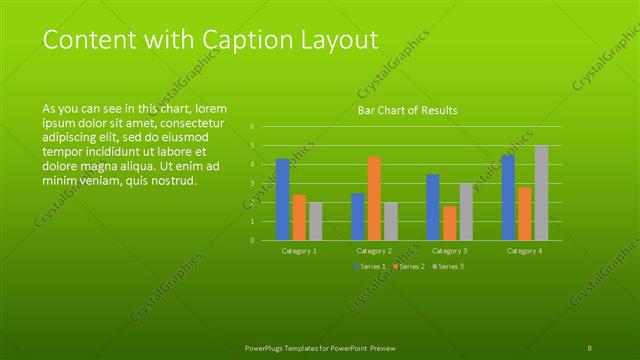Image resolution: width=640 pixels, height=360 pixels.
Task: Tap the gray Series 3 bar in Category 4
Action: point(541,193)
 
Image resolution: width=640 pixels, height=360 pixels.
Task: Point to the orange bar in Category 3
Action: point(449,222)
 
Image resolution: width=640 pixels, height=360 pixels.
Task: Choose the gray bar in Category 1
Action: point(315,221)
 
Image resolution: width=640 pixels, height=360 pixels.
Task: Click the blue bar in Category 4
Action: point(508,197)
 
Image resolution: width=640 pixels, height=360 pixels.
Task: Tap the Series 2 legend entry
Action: point(408,266)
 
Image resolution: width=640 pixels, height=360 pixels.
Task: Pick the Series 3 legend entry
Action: point(447,266)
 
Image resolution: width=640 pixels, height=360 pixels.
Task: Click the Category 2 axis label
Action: point(374,250)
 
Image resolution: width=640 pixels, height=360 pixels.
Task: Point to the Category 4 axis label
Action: point(524,250)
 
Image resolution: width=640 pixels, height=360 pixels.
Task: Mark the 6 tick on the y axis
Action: point(253,127)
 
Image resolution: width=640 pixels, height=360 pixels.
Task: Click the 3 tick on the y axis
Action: point(253,184)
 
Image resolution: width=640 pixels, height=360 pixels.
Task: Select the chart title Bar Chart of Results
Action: point(407,110)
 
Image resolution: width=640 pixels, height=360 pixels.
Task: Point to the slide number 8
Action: point(590,346)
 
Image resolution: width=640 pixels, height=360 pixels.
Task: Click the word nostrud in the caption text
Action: point(173,181)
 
